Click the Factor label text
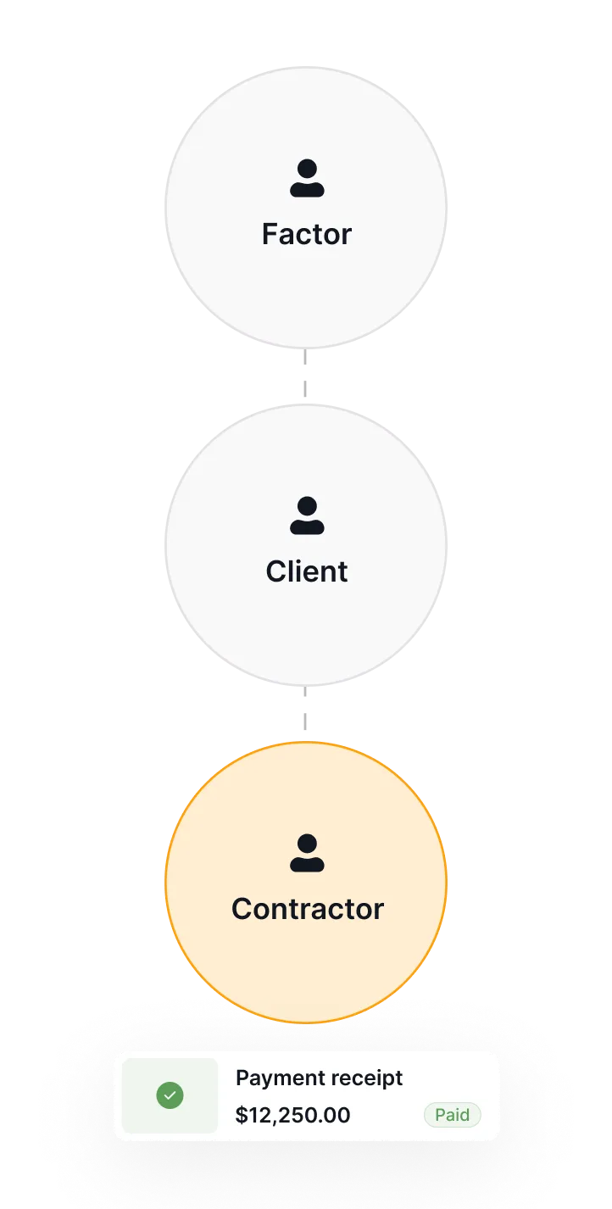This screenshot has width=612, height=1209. (306, 234)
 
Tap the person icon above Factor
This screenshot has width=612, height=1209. (306, 178)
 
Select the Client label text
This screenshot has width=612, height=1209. (306, 571)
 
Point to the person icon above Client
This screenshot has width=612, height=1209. (306, 515)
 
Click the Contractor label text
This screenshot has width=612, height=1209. (307, 909)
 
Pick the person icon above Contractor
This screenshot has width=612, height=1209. (306, 853)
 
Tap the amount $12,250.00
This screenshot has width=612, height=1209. (292, 1115)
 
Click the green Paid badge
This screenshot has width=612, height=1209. (452, 1115)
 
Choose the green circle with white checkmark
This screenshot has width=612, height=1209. (170, 1096)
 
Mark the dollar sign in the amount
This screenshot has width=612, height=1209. (242, 1115)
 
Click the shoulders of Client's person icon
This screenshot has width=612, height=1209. (306, 526)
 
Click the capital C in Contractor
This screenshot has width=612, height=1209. (243, 909)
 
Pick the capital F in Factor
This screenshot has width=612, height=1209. (270, 234)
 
